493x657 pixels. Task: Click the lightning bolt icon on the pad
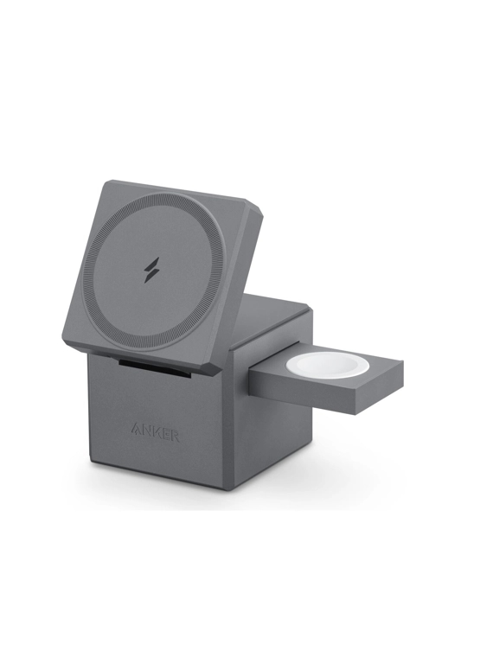point(151,270)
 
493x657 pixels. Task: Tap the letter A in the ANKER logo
point(137,430)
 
